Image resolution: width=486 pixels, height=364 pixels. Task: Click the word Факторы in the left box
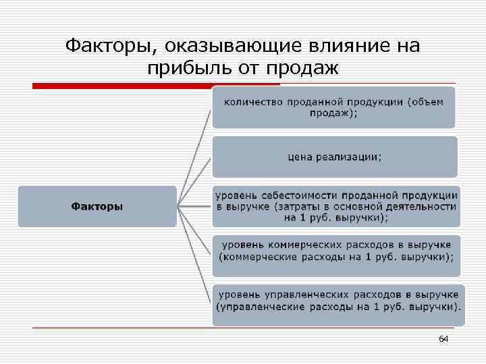(97, 206)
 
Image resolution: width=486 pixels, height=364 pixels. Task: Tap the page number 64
(443, 338)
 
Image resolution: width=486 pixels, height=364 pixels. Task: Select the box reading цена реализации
(335, 156)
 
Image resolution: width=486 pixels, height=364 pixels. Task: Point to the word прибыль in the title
(184, 68)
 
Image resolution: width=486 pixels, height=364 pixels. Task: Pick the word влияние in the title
(345, 47)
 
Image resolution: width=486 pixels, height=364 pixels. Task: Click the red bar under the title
(156, 86)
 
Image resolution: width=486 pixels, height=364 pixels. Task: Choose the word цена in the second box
(300, 156)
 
